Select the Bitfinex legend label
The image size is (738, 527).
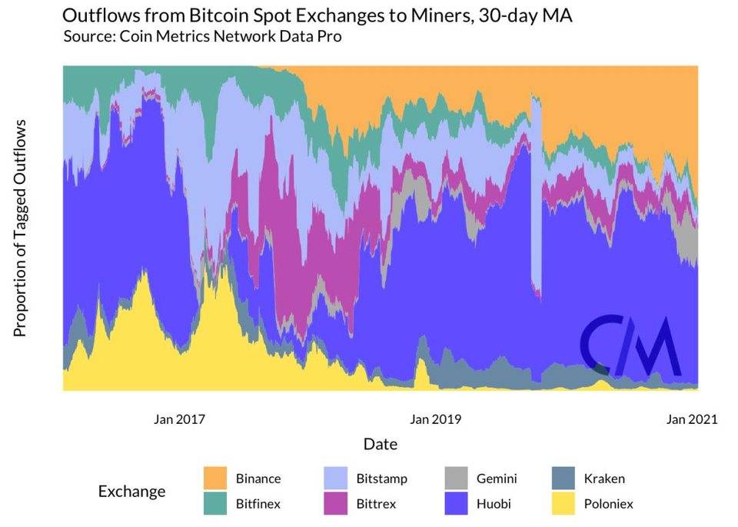pyautogui.click(x=258, y=505)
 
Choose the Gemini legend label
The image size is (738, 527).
pyautogui.click(x=495, y=479)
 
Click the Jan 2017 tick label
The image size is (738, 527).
pyautogui.click(x=180, y=419)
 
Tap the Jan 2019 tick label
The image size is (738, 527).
pyautogui.click(x=435, y=419)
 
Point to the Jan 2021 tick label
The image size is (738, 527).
pyautogui.click(x=691, y=419)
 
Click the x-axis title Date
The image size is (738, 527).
pyautogui.click(x=380, y=445)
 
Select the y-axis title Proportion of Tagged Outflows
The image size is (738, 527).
pyautogui.click(x=21, y=228)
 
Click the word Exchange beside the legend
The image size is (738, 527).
pyautogui.click(x=131, y=491)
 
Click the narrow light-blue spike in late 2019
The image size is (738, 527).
pyautogui.click(x=537, y=192)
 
